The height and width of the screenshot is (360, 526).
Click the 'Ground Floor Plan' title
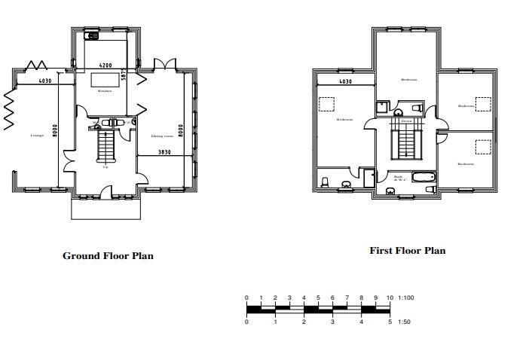[x=108, y=256]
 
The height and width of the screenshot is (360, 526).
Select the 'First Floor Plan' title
[x=407, y=251]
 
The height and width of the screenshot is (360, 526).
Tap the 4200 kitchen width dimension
[x=106, y=66]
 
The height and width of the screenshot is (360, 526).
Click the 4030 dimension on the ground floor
[x=45, y=81]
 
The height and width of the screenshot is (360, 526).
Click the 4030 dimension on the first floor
[x=345, y=81]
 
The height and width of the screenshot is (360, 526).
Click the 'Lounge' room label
[x=36, y=136]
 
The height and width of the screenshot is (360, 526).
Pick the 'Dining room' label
[x=162, y=136]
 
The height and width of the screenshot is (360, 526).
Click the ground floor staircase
[x=106, y=145]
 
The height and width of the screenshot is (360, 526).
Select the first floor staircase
[x=406, y=141]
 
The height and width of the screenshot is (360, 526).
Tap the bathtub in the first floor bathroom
[x=424, y=177]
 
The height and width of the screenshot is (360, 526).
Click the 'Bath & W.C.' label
[x=398, y=178]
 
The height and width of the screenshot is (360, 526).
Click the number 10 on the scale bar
[x=390, y=298]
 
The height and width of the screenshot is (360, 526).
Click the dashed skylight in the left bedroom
[x=327, y=105]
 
